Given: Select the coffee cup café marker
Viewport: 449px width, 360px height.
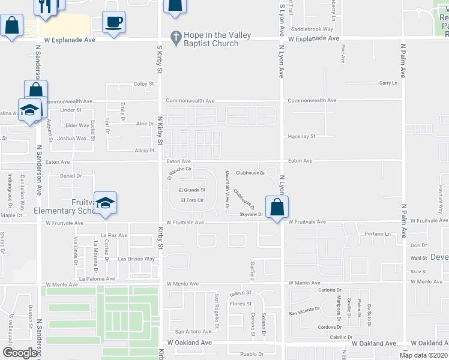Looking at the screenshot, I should [114, 23].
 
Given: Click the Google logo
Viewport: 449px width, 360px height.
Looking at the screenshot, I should [19, 353].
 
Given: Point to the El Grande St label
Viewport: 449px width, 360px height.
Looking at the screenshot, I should [191, 190].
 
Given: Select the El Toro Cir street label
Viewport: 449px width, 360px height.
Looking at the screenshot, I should [193, 200].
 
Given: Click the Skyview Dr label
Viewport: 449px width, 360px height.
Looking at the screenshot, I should [252, 214].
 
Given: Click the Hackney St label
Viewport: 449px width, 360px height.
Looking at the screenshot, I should [301, 136].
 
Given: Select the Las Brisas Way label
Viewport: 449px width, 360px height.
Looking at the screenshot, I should [136, 259].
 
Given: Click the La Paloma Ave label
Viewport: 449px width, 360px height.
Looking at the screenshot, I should [96, 279].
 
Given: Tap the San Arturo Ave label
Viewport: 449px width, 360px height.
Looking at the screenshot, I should [192, 331].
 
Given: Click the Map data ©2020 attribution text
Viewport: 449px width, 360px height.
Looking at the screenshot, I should [424, 355].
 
